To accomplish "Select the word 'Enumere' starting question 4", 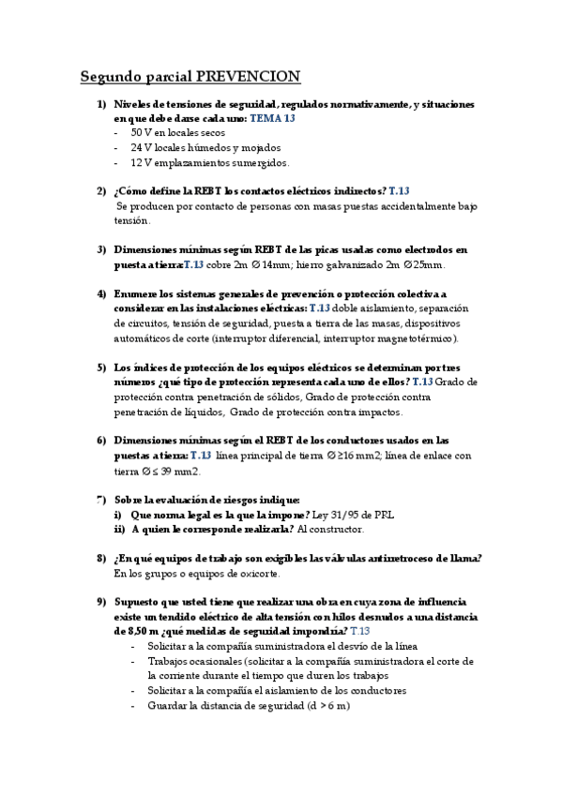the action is pos(135,293).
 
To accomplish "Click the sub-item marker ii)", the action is pos(117,528).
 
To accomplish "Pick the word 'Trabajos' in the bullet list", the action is pos(169,661).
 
